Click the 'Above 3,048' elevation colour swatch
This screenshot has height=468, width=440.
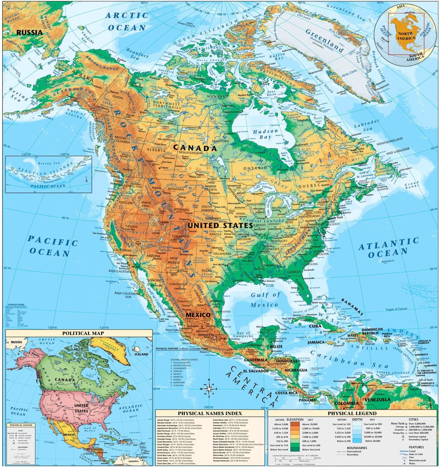[295, 424]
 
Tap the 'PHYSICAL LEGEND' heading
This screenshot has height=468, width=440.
[352, 413]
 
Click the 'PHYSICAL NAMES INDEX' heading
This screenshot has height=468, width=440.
[210, 413]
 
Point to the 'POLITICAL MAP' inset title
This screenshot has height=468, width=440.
[83, 333]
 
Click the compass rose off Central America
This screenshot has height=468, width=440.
[209, 389]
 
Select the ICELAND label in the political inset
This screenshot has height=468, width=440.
[141, 354]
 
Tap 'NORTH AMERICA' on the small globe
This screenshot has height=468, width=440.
[406, 36]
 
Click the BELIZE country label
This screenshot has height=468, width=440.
[276, 346]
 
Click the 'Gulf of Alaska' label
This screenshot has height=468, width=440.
[75, 113]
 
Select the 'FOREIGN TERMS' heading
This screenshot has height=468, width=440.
[16, 305]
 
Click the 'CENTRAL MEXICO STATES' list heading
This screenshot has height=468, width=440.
[184, 359]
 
